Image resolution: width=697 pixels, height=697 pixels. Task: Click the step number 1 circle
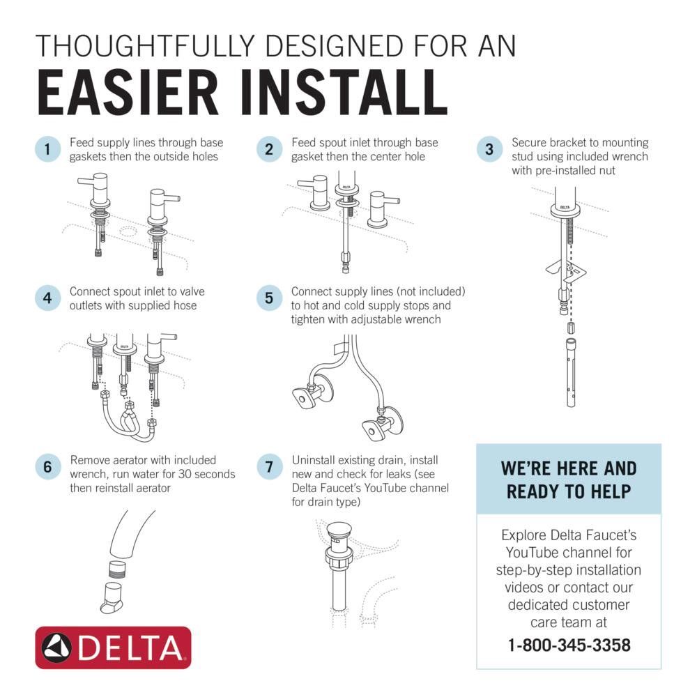click(x=47, y=149)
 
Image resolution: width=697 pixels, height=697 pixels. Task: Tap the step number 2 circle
click(x=268, y=149)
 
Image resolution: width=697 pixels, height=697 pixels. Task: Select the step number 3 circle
click(x=489, y=149)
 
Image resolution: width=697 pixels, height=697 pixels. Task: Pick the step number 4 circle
click(x=47, y=298)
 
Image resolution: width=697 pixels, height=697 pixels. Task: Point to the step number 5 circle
click(x=268, y=298)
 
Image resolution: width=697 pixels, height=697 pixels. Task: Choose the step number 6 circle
click(x=47, y=467)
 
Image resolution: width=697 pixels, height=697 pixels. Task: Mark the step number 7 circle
click(x=268, y=467)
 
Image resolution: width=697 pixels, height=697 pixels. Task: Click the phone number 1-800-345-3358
click(x=569, y=645)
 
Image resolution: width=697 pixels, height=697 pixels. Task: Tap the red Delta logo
click(x=113, y=648)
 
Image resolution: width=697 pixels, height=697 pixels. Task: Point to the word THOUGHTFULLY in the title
click(x=146, y=46)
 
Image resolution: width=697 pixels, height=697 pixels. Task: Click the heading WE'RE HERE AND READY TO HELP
click(x=569, y=480)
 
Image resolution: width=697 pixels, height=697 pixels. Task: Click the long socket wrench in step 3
click(x=570, y=373)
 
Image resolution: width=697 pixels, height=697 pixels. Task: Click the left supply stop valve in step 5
click(x=307, y=395)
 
